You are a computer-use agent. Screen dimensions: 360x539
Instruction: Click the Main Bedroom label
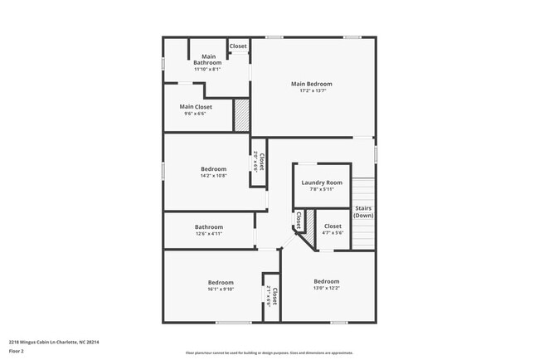tap(311, 84)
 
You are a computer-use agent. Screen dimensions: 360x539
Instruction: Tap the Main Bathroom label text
tap(207, 60)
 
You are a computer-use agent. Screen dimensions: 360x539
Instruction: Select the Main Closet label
tap(196, 107)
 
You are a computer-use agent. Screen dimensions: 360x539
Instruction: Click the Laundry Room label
tap(322, 182)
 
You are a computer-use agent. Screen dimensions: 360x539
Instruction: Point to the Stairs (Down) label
tap(363, 212)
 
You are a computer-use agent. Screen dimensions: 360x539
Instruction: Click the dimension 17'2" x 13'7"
tap(311, 90)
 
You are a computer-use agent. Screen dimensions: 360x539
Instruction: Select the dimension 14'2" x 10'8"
tap(213, 176)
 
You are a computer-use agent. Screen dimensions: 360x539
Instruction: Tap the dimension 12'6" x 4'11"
tap(208, 234)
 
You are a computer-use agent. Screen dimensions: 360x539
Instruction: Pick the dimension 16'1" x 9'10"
tap(220, 289)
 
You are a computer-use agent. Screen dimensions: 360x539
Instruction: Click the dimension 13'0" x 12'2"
tap(326, 288)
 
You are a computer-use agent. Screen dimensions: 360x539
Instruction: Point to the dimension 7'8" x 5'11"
tap(322, 189)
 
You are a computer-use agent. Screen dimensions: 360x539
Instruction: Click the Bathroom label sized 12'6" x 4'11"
tap(208, 227)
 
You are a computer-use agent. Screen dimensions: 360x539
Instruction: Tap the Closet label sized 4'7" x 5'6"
tap(333, 226)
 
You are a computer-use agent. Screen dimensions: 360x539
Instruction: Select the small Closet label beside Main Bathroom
tap(238, 46)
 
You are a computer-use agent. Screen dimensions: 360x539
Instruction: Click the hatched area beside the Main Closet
tap(241, 115)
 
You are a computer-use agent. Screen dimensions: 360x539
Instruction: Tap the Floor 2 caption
tap(17, 351)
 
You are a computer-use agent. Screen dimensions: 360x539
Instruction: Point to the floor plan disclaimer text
tap(269, 353)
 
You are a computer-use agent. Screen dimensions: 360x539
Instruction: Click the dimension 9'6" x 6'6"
tap(196, 114)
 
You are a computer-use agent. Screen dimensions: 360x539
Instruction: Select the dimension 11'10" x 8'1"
tap(207, 69)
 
